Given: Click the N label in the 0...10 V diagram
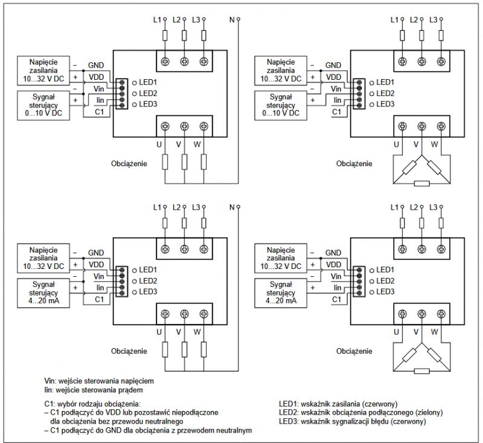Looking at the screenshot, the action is click(x=232, y=20).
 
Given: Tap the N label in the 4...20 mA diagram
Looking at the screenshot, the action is click(x=232, y=207).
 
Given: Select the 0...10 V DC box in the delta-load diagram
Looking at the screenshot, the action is click(x=281, y=105).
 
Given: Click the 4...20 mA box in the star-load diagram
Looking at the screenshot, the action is click(x=43, y=293).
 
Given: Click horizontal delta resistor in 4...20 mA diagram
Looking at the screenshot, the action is click(x=421, y=371).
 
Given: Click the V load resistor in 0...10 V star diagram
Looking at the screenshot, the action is click(x=184, y=161).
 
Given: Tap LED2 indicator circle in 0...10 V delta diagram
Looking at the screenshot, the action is click(x=372, y=94).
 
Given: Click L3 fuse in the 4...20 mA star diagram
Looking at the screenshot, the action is click(x=203, y=223).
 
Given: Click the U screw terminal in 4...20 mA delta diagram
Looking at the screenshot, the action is click(x=402, y=314).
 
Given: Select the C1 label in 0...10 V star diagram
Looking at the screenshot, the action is click(x=99, y=112).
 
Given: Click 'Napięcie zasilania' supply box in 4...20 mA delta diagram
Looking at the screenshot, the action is click(x=281, y=258).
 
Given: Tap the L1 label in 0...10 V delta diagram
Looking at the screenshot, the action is click(x=394, y=20).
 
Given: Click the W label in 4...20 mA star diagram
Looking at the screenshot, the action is click(x=197, y=332).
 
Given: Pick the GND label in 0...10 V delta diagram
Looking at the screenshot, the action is click(x=333, y=65).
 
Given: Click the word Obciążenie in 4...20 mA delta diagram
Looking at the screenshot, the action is click(x=354, y=351).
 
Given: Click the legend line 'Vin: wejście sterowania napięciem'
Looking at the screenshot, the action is click(x=99, y=381).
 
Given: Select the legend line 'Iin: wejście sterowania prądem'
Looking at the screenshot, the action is click(x=94, y=390).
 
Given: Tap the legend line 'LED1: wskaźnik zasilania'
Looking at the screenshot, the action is click(x=338, y=404).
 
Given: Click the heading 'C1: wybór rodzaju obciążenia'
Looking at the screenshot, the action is click(x=92, y=404).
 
